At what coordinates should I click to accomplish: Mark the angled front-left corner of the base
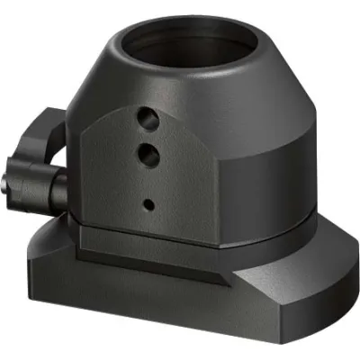(x=36, y=261)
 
